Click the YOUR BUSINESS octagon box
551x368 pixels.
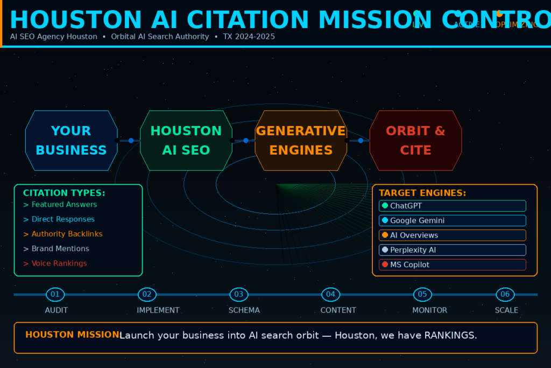click(x=72, y=141)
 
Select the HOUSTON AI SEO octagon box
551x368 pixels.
click(x=186, y=141)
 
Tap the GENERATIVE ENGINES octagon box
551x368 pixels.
click(x=301, y=141)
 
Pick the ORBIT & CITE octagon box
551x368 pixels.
click(x=415, y=141)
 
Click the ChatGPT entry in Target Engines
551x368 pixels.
click(x=452, y=206)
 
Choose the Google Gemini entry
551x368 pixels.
click(x=452, y=220)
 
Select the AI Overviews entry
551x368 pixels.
click(x=452, y=235)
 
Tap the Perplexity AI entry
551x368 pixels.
click(x=452, y=250)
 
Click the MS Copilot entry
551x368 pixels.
click(x=452, y=265)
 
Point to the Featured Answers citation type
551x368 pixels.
click(x=64, y=205)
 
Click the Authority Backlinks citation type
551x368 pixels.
click(x=67, y=234)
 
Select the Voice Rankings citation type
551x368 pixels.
click(x=59, y=263)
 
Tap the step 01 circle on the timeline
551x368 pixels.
click(x=55, y=294)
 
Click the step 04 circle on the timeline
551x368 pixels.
click(x=330, y=294)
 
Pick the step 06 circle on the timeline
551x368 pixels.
click(x=505, y=294)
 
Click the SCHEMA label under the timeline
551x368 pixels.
click(x=244, y=310)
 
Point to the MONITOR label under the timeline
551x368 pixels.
click(x=429, y=310)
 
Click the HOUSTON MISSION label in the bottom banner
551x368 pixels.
click(x=72, y=335)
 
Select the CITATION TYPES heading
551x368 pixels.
click(x=64, y=193)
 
